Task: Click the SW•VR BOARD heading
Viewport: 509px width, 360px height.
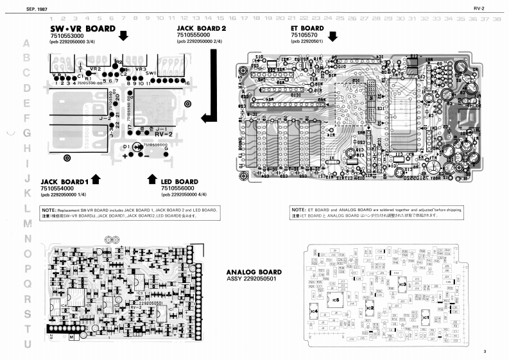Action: (82, 29)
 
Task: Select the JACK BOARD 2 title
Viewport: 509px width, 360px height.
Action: (202, 29)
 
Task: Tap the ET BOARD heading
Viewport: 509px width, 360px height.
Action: (307, 29)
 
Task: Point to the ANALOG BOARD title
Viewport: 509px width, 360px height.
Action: (254, 272)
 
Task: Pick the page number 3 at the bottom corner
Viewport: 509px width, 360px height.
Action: (485, 351)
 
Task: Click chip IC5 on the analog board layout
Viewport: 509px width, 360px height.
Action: (335, 300)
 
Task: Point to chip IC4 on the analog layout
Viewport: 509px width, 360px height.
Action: (314, 311)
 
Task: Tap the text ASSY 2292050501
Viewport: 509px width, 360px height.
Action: (252, 279)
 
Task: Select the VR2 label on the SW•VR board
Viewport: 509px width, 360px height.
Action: (95, 69)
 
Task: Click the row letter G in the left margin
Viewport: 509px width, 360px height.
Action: (27, 133)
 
